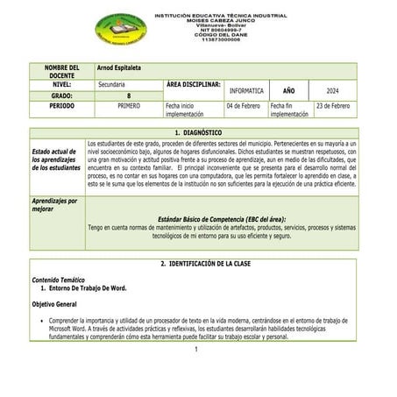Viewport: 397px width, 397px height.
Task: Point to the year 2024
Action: coord(332,89)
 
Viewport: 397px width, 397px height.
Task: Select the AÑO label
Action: coord(288,89)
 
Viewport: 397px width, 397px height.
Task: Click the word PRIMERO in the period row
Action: coord(129,105)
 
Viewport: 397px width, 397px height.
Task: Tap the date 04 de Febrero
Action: coord(243,105)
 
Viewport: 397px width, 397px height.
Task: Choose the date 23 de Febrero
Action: coord(332,105)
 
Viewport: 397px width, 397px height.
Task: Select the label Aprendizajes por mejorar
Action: coord(54,205)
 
